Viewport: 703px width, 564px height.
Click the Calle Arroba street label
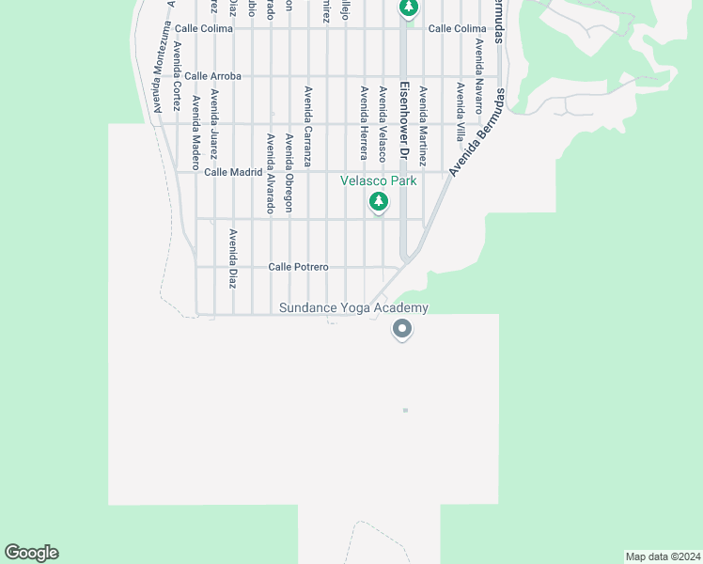coord(212,76)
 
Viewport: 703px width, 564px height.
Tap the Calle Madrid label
coord(233,172)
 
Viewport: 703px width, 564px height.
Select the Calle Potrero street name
coord(298,267)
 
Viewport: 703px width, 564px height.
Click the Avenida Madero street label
coord(195,126)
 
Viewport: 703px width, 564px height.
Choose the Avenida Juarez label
coord(214,119)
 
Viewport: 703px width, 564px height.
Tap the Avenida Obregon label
coord(289,173)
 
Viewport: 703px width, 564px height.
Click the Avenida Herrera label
coord(364,122)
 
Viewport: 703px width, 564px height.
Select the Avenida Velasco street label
coord(383,123)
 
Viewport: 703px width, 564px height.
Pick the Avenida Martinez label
coord(423,122)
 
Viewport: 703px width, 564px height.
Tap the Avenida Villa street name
coord(461,112)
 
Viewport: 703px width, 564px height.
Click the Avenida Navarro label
coord(479,76)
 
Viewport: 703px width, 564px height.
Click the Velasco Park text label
coord(378,181)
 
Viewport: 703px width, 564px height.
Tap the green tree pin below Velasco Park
coord(379,201)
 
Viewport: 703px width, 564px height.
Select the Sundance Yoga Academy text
coord(353,308)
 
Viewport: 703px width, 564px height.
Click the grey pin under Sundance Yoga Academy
coord(402,329)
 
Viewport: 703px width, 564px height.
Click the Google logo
coord(31,553)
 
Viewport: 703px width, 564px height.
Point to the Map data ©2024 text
coord(663,556)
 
